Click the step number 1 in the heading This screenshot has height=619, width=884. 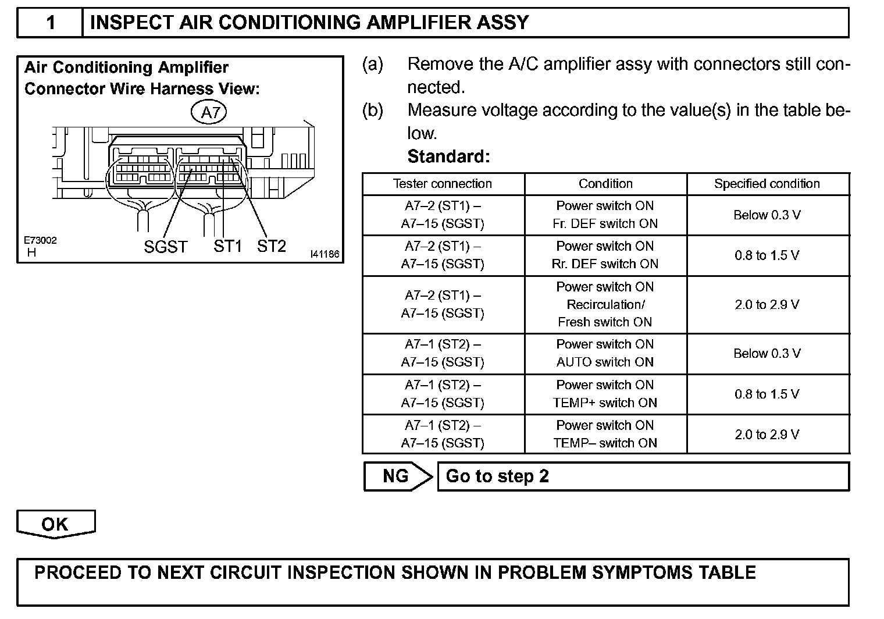tap(51, 23)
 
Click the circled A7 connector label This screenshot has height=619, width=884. tap(209, 112)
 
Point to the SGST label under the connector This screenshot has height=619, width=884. tap(166, 247)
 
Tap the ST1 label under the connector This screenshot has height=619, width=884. tap(227, 246)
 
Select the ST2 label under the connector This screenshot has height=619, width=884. tap(272, 246)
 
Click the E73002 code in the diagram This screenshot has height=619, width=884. tap(40, 240)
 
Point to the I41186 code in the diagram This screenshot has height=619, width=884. tap(325, 254)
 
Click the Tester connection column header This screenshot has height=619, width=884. tap(443, 184)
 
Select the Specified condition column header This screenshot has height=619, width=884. tap(767, 184)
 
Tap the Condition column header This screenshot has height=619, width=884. tap(605, 184)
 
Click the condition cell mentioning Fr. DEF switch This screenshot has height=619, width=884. tap(605, 215)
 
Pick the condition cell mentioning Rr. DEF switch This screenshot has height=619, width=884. tap(605, 255)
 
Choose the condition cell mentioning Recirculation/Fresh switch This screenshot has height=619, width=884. tap(605, 304)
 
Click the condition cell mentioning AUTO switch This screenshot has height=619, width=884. tap(605, 353)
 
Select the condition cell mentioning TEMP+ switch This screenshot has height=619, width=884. tap(605, 394)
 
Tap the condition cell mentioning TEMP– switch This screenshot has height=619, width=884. tap(605, 434)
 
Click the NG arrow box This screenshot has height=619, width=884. tap(396, 476)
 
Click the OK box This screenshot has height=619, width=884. tap(55, 524)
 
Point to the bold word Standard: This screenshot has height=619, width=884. tap(448, 156)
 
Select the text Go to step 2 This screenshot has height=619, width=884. tap(497, 476)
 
